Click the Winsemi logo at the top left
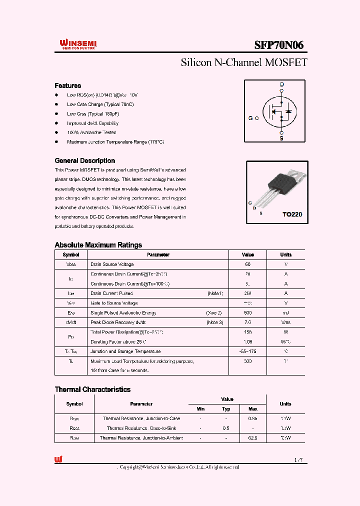[x=78, y=45]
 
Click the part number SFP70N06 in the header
[x=278, y=45]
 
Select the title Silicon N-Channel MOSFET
[x=243, y=63]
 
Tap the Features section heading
[x=67, y=85]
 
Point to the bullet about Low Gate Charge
[x=100, y=104]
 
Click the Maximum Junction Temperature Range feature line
[x=115, y=142]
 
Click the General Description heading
[x=84, y=160]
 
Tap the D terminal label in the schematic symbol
[x=281, y=84]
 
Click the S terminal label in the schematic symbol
[x=281, y=138]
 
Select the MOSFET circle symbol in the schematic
[x=280, y=111]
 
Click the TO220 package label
[x=292, y=214]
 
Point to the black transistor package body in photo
[x=279, y=185]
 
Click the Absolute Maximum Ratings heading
[x=98, y=245]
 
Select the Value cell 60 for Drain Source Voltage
[x=247, y=264]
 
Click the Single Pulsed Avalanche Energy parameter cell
[x=123, y=312]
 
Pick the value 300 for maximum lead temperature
[x=247, y=361]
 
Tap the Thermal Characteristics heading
[x=92, y=389]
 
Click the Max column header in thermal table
[x=253, y=408]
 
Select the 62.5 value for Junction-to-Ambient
[x=253, y=437]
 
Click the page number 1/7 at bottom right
[x=299, y=459]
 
